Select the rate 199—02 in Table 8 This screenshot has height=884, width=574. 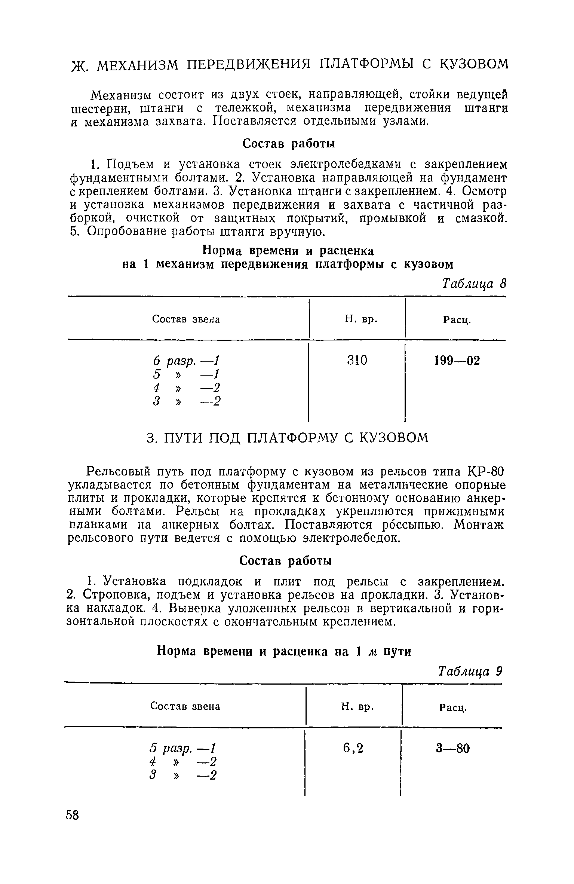(x=456, y=361)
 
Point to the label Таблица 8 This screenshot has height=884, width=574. (x=474, y=284)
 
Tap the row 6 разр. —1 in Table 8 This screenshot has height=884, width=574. (x=186, y=361)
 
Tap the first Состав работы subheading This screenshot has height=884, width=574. (x=288, y=143)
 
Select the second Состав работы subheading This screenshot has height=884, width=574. (x=285, y=560)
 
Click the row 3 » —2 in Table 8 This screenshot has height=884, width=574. (x=186, y=401)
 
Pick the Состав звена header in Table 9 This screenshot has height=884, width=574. (x=185, y=706)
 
